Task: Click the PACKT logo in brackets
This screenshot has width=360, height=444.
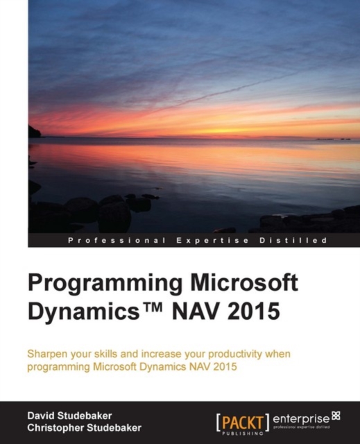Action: click(243, 419)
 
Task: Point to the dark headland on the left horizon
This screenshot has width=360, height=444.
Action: click(33, 132)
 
